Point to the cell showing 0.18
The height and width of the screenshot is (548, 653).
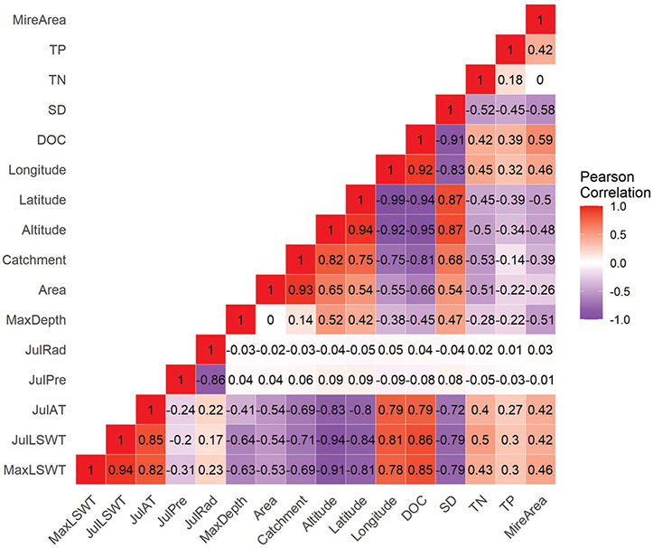click(x=510, y=79)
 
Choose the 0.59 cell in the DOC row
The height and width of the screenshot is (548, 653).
click(x=540, y=138)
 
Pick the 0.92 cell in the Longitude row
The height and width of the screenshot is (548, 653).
click(x=421, y=168)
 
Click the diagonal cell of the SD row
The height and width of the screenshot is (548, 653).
click(x=451, y=109)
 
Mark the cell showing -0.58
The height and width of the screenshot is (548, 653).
click(x=540, y=109)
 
